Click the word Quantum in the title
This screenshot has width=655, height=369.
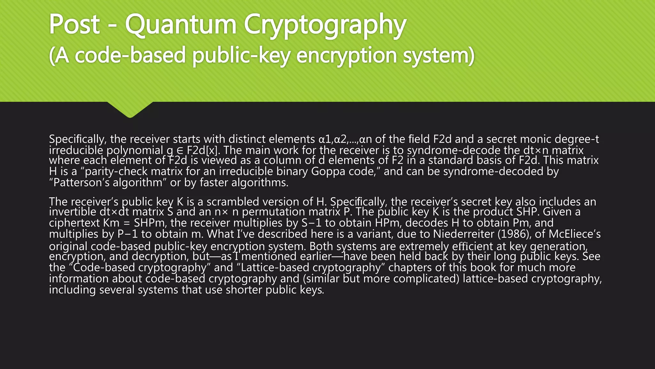click(x=180, y=25)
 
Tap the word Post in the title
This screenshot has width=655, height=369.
click(x=74, y=25)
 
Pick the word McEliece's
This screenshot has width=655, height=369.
click(x=575, y=234)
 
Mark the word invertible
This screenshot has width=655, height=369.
click(x=71, y=212)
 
